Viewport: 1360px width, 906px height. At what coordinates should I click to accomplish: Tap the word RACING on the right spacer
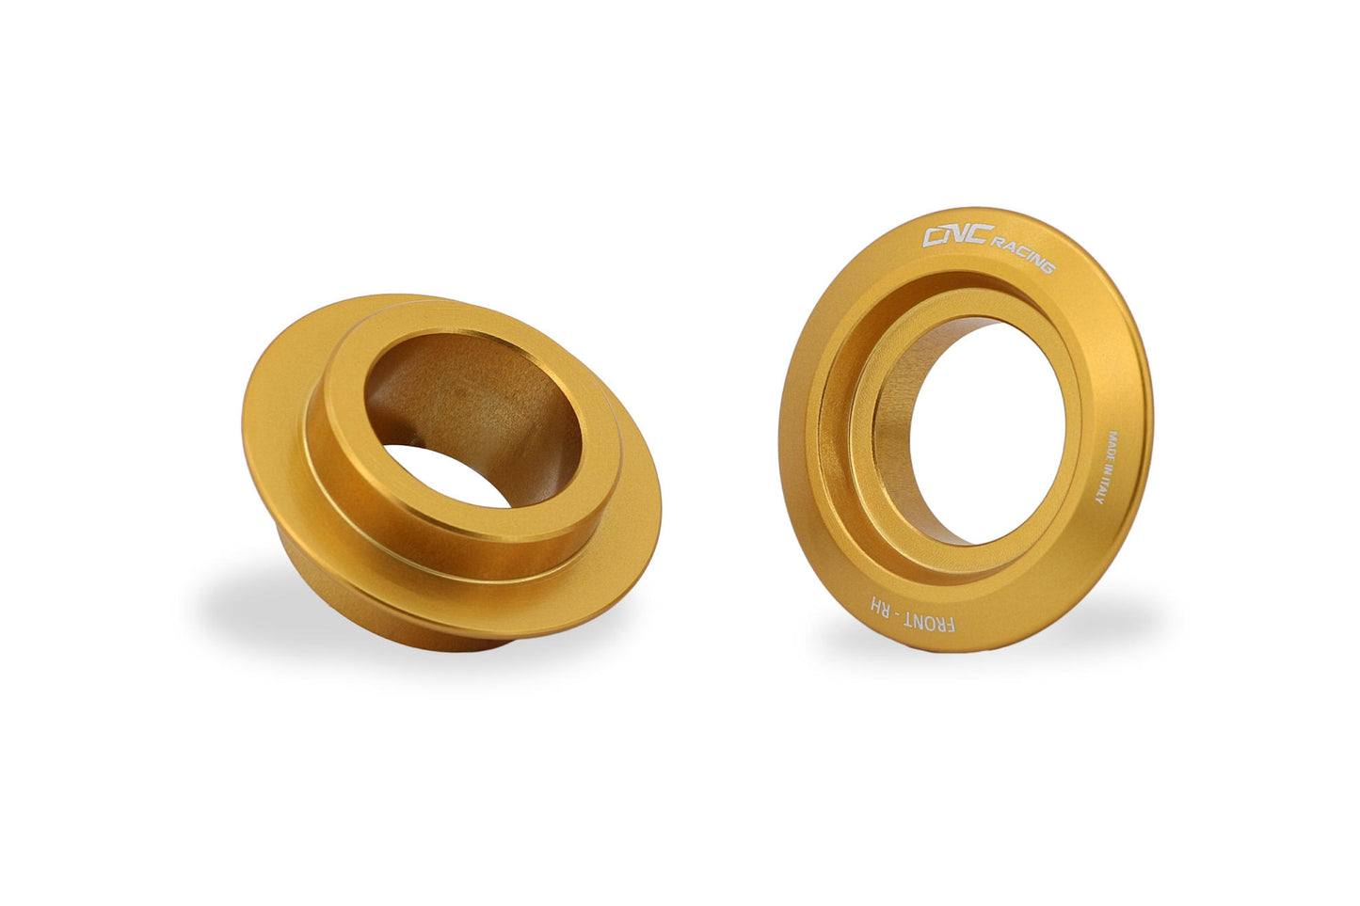[x=1022, y=255]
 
